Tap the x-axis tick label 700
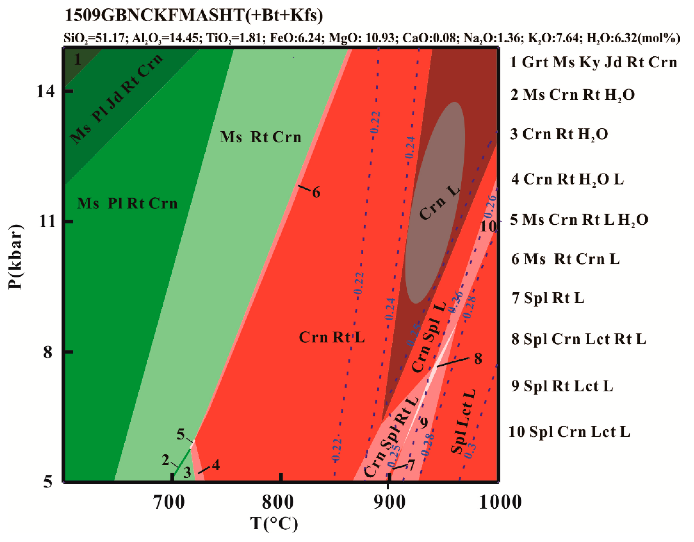point(169,503)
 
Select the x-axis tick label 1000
point(500,503)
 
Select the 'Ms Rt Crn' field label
point(260,137)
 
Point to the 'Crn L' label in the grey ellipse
point(439,203)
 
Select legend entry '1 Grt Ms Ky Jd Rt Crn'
point(593,62)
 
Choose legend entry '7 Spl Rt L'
point(547,298)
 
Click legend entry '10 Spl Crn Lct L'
point(569,432)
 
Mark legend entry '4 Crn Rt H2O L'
point(567,180)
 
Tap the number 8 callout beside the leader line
point(478,359)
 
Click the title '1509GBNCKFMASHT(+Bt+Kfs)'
point(193,15)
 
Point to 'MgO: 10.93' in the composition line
point(362,38)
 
